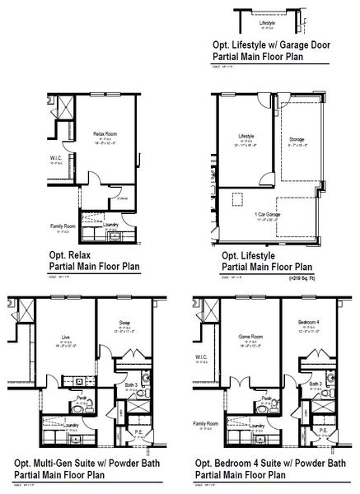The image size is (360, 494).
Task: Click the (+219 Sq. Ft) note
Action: pos(308,279)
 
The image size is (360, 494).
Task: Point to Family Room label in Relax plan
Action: pos(40,225)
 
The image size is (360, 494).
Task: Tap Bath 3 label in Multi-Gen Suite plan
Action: pos(130,384)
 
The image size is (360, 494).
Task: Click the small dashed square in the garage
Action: pos(238,197)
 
